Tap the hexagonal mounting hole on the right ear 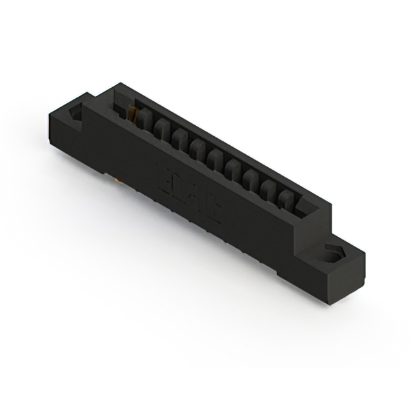pyautogui.click(x=334, y=253)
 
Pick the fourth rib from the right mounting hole pyautogui.click(x=236, y=166)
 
